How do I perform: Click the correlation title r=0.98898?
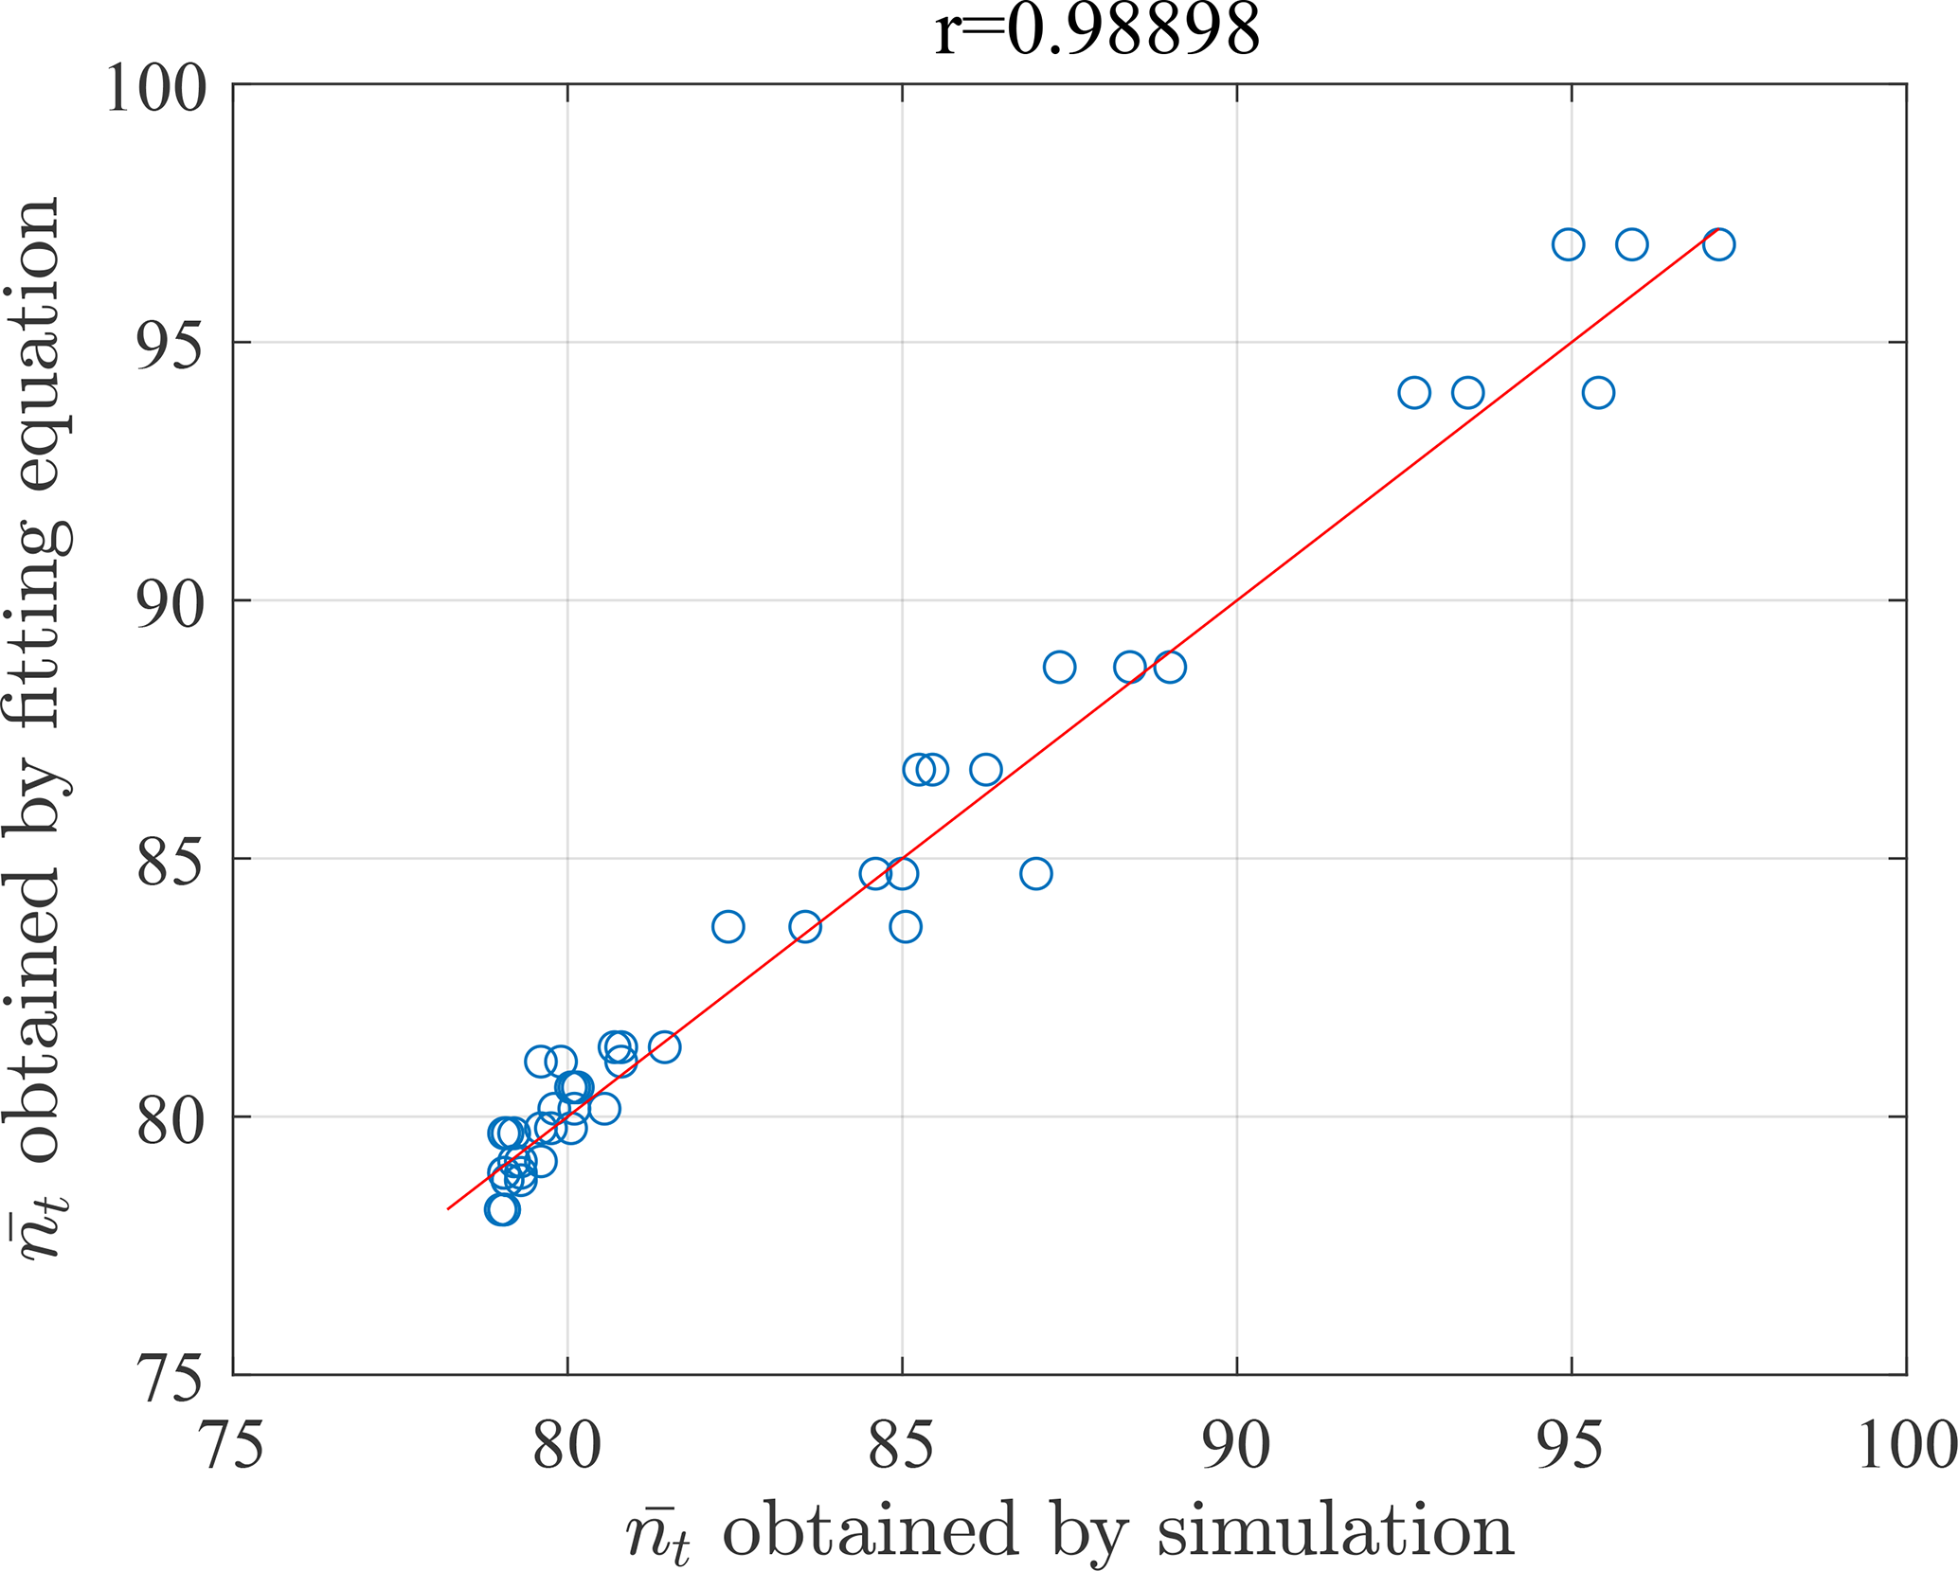[1097, 30]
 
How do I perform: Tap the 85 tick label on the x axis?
[902, 1446]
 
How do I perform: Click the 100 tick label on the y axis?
[156, 88]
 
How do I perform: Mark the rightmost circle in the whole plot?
[1718, 244]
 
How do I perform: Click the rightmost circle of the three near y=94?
[1598, 392]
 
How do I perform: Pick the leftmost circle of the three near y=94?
[1414, 392]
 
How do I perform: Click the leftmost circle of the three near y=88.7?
[1059, 668]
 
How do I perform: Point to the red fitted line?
[1237, 600]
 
